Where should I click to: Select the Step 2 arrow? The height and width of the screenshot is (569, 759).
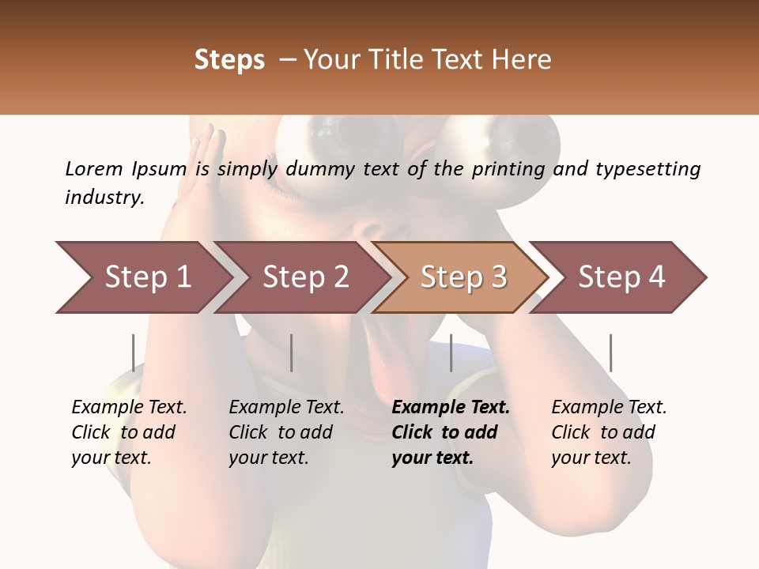[305, 277]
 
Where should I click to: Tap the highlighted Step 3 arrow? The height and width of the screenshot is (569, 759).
[463, 277]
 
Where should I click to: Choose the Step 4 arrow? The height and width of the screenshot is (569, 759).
[621, 277]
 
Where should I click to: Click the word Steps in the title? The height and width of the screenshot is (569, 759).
[229, 60]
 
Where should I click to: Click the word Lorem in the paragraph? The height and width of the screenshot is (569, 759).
[94, 168]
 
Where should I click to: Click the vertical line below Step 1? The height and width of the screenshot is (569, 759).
[134, 352]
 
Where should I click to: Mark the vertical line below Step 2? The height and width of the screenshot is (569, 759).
[292, 352]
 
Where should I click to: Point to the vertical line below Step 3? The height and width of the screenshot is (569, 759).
[451, 352]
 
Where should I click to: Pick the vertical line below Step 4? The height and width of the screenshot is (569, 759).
[610, 352]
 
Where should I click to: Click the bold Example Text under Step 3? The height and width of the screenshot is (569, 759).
[451, 408]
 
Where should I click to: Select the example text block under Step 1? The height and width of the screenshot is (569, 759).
[129, 432]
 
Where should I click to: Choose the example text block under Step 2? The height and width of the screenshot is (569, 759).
[286, 432]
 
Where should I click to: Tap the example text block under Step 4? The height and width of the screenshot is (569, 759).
[609, 432]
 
